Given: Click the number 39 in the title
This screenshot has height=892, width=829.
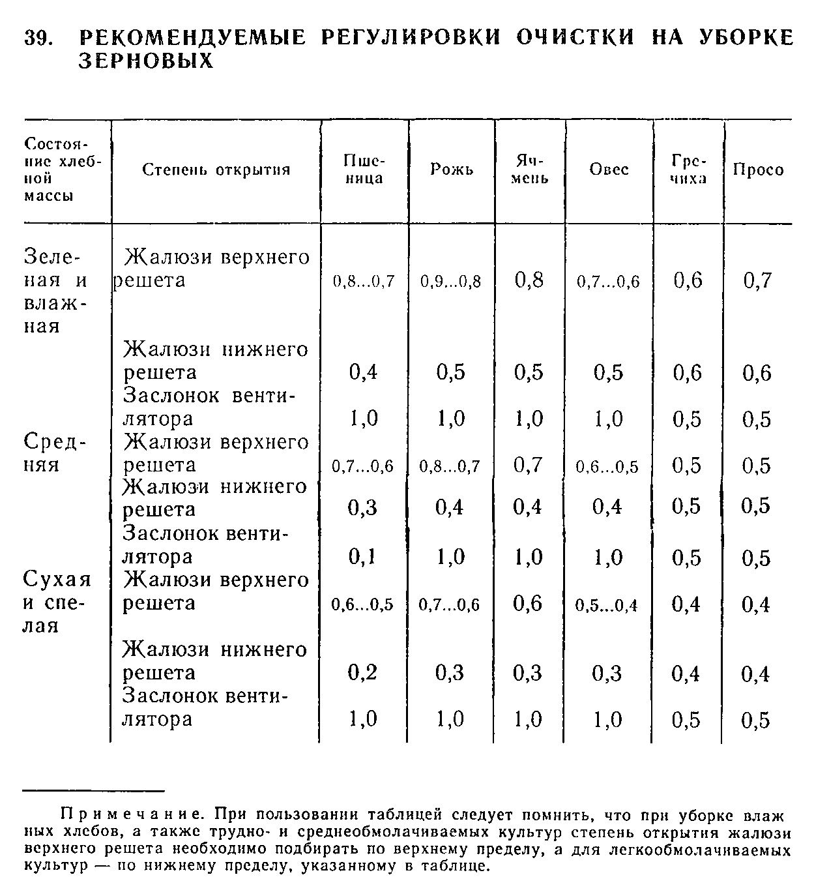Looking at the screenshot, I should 38,37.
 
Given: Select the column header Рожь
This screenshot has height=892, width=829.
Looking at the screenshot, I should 452,170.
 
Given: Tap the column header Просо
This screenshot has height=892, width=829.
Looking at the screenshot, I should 758,170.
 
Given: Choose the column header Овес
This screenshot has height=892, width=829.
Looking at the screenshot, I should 609,170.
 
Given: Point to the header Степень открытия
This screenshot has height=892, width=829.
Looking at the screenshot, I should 216,170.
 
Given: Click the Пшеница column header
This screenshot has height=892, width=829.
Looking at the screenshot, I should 364,170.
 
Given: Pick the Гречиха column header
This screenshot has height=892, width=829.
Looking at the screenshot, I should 688,170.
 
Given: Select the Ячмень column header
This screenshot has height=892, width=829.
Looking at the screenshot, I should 529,170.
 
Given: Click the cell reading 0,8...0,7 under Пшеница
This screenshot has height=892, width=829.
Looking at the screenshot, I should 364,282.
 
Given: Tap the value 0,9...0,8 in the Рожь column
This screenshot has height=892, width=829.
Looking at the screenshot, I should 450,282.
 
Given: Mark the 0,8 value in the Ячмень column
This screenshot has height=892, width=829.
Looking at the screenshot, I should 529,280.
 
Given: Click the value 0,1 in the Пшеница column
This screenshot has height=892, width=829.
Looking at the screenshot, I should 363,556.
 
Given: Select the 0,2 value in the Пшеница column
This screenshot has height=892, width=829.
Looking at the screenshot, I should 363,672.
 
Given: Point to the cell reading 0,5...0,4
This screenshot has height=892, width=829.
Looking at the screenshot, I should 606,605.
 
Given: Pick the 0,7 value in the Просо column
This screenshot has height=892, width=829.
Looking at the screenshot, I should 757,280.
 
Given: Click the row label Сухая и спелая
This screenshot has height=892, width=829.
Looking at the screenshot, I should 57,602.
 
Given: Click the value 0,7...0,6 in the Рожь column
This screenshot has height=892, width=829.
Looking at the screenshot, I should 449,605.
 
